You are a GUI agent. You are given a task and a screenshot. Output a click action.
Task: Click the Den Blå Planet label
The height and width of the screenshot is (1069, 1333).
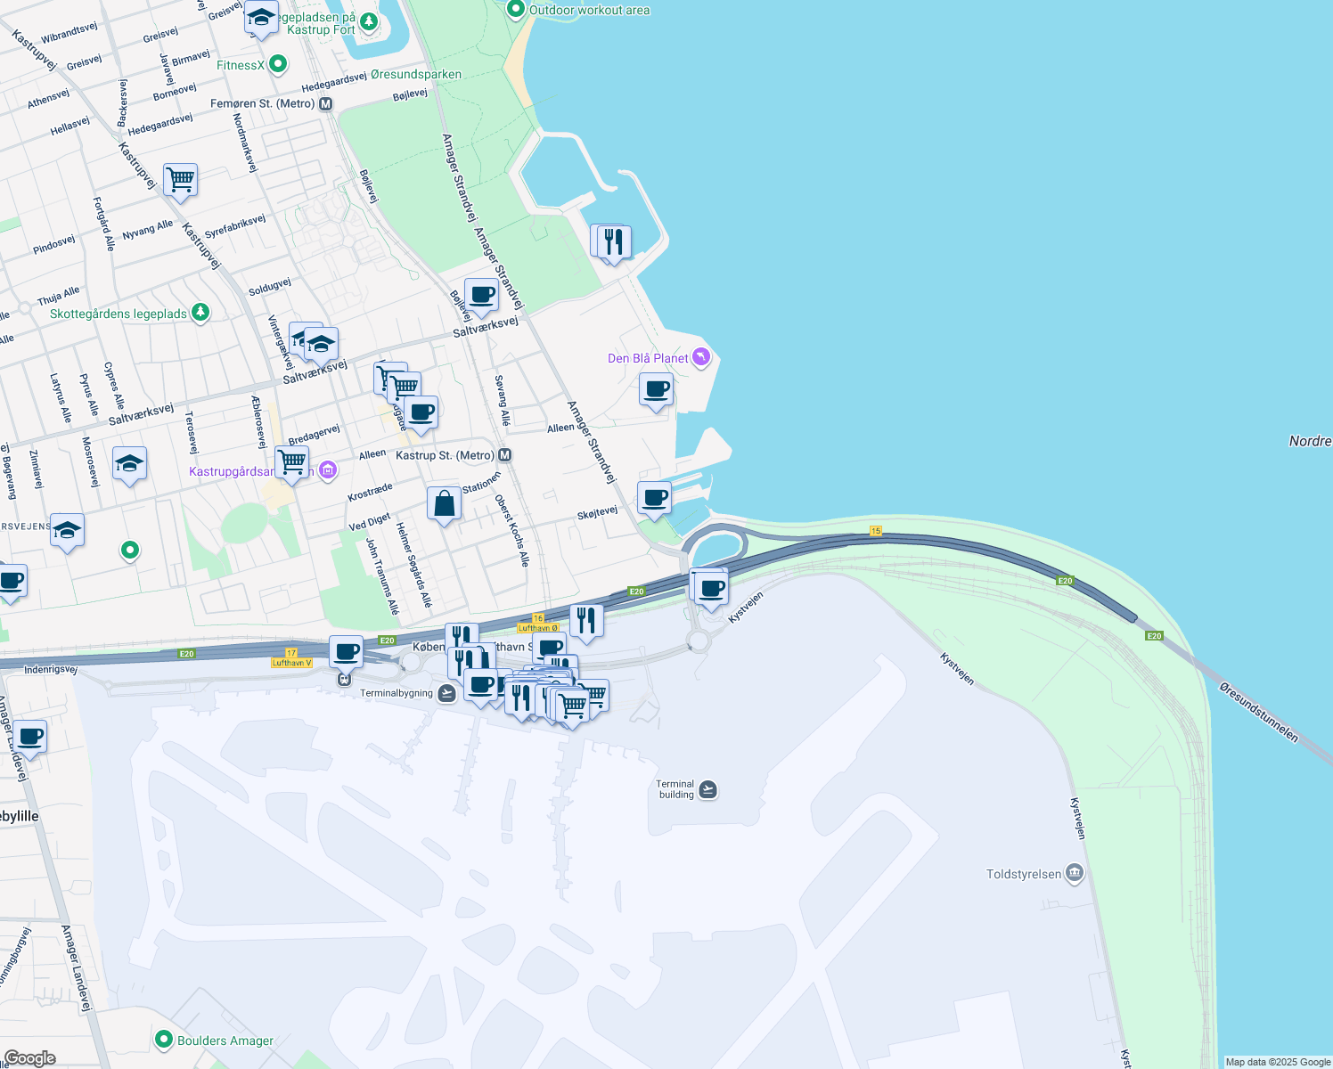648,358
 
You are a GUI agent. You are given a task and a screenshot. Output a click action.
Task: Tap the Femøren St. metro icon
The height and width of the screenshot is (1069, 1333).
326,104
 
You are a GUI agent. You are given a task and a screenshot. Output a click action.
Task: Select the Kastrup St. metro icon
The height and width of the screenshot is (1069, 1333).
505,455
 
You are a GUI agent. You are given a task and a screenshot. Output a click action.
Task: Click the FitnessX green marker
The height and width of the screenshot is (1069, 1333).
278,64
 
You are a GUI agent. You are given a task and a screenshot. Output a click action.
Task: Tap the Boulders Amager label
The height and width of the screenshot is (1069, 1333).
225,1040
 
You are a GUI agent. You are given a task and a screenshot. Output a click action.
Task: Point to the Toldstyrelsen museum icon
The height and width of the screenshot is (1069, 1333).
1075,873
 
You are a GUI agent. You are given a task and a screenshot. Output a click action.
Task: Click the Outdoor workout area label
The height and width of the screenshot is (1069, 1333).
589,11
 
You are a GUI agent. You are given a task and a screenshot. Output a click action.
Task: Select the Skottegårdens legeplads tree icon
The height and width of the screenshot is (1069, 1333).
200,313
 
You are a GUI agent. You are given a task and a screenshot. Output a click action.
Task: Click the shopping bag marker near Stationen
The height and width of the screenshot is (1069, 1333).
444,504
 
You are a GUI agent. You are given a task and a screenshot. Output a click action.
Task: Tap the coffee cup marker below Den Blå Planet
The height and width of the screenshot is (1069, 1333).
656,390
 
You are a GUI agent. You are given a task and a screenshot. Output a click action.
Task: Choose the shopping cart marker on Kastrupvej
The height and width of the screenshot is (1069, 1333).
180,180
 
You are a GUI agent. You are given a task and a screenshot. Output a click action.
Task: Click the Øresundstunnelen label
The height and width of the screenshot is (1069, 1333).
1259,711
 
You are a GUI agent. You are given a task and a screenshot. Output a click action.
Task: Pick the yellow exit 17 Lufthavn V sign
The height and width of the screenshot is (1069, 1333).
291,658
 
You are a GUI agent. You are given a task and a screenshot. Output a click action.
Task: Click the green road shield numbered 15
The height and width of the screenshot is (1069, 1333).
876,531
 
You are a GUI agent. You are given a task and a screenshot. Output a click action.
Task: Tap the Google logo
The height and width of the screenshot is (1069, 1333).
30,1057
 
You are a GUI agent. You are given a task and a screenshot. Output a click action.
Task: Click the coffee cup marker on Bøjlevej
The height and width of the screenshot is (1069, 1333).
481,296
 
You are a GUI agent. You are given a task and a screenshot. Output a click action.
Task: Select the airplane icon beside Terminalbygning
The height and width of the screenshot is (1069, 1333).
447,693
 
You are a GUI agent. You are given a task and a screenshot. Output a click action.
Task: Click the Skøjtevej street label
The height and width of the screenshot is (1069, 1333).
597,513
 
